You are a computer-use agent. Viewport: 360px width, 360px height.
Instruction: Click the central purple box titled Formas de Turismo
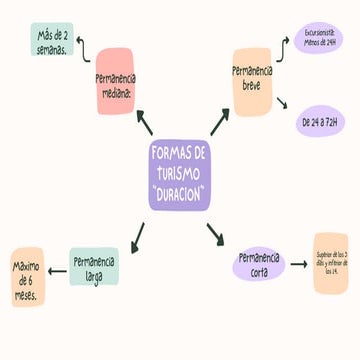coord(180,175)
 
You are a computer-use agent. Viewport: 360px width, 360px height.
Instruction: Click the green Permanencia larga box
coord(93,266)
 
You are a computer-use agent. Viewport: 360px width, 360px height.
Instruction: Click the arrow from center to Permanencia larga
coord(139,236)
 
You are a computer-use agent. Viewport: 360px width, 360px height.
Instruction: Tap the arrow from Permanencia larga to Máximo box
coord(57,264)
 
